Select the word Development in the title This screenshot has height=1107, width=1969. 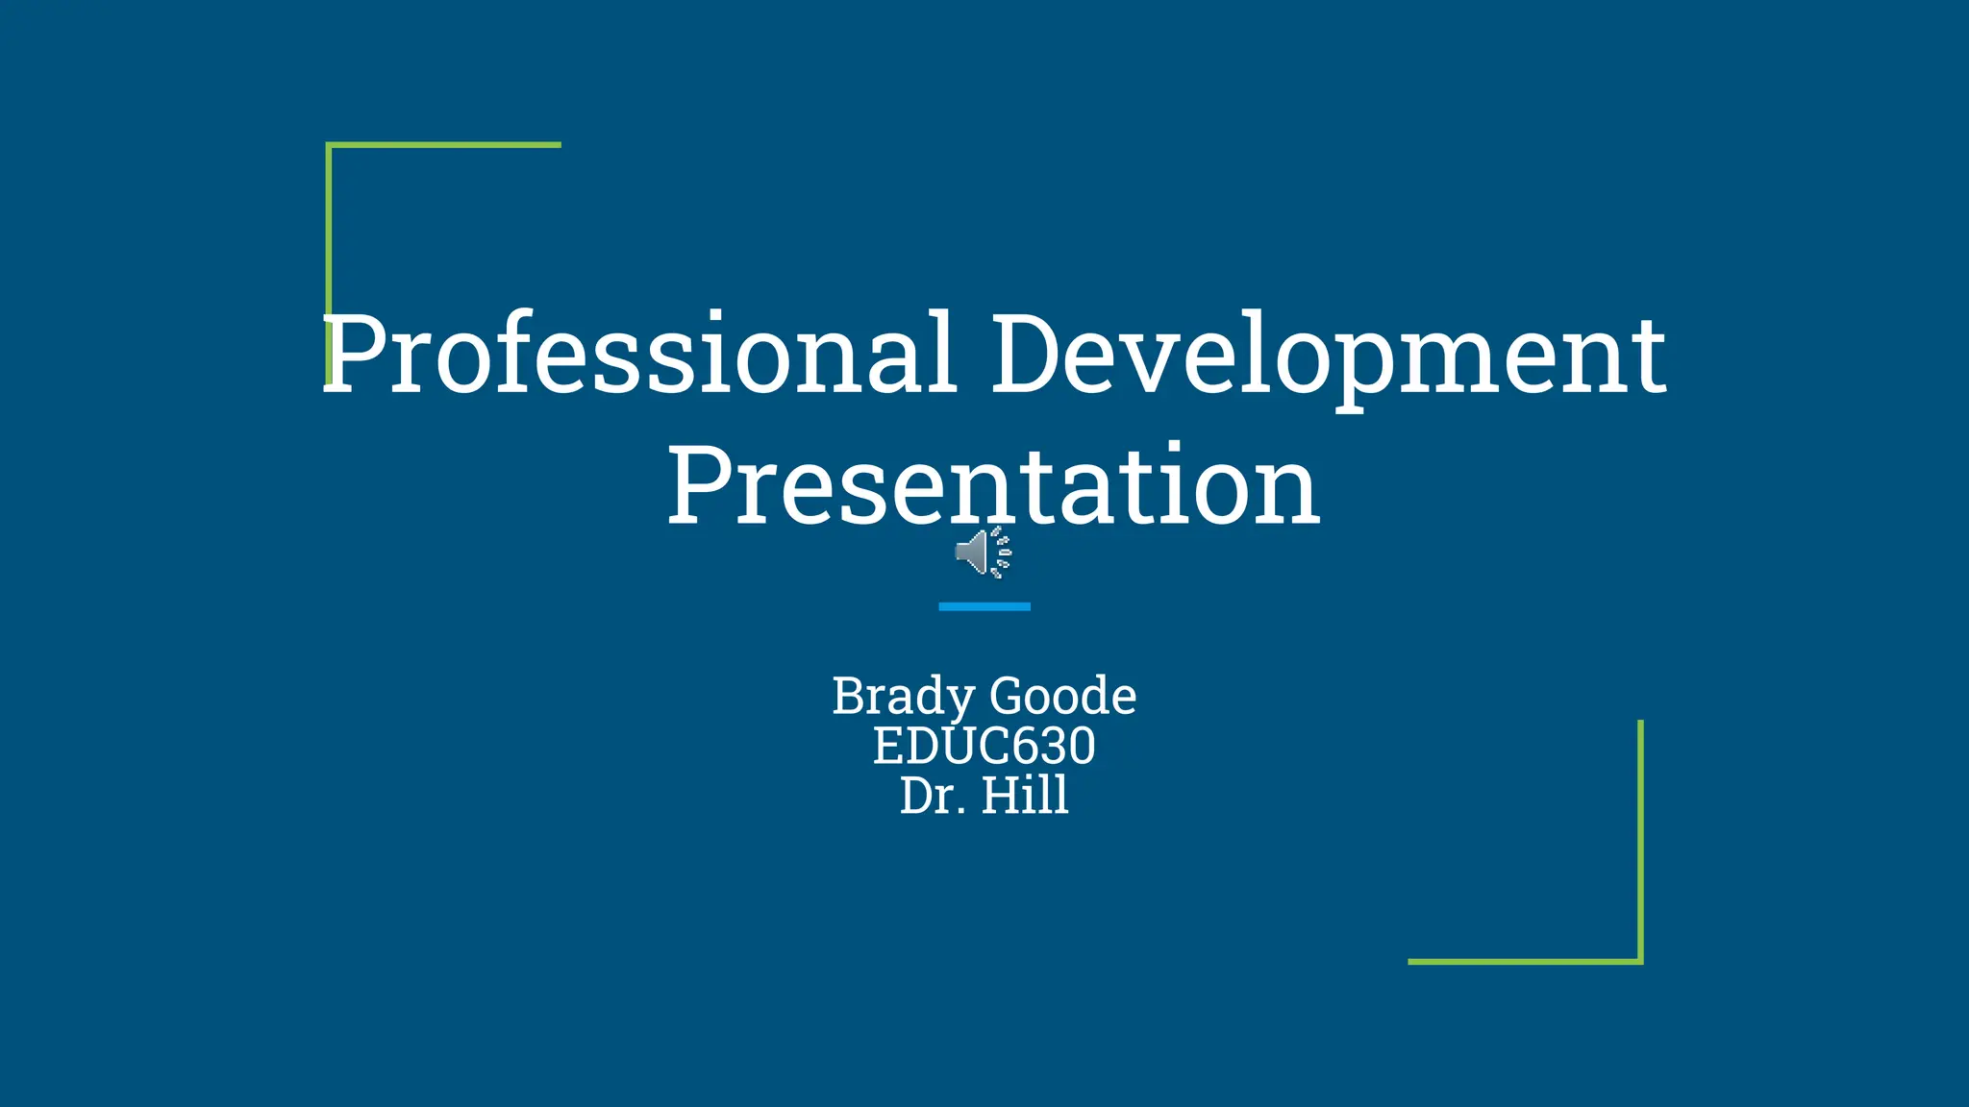(x=1329, y=354)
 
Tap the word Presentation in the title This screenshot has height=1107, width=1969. (x=994, y=485)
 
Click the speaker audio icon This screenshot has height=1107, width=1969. (x=983, y=553)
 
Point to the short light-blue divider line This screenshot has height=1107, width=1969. (x=984, y=606)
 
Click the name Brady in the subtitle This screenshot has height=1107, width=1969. (x=904, y=697)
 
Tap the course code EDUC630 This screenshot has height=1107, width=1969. (x=984, y=746)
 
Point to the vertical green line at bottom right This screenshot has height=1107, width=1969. (x=1640, y=836)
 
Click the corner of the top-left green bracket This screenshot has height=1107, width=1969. (x=329, y=145)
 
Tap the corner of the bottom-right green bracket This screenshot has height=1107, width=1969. (x=1640, y=961)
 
